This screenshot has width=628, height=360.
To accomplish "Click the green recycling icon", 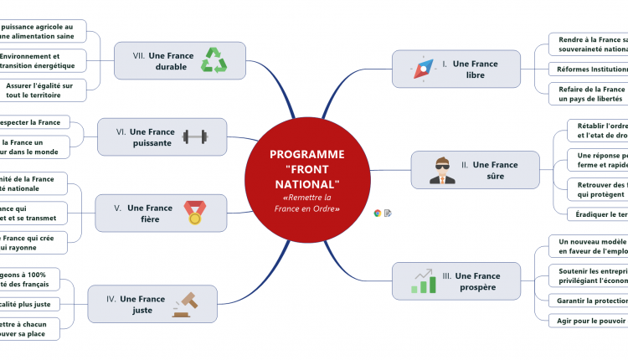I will [x=216, y=60].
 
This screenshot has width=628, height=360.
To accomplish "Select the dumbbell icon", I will [x=195, y=136].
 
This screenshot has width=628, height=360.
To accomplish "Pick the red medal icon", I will [x=194, y=213].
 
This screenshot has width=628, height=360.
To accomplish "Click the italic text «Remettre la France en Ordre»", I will [x=306, y=203].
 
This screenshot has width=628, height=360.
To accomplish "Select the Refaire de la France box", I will [x=588, y=94].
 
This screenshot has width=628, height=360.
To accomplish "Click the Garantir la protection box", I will [x=586, y=301].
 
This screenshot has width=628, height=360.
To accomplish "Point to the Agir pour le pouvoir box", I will [x=586, y=321].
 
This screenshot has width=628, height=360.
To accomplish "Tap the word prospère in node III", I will [x=477, y=287].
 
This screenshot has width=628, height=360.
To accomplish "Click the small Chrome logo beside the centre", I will [x=378, y=213].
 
